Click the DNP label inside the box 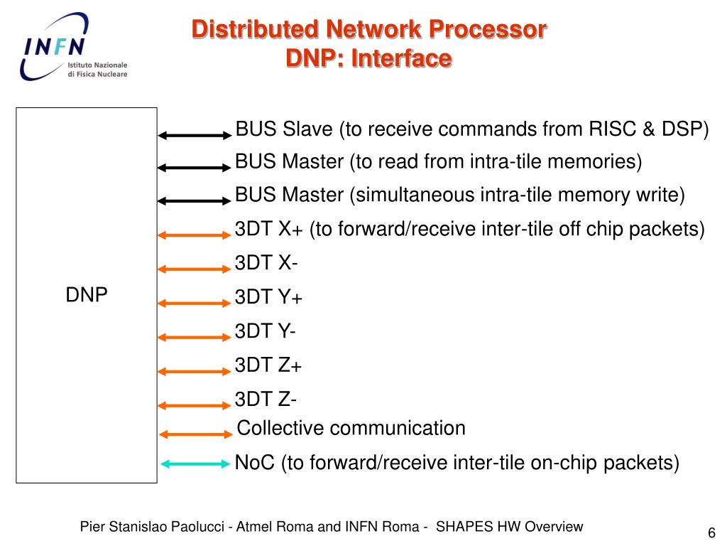pos(87,295)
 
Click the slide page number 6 pos(711,534)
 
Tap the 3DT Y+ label pos(268,297)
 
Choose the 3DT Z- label pos(266,400)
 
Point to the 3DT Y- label pos(266,331)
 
